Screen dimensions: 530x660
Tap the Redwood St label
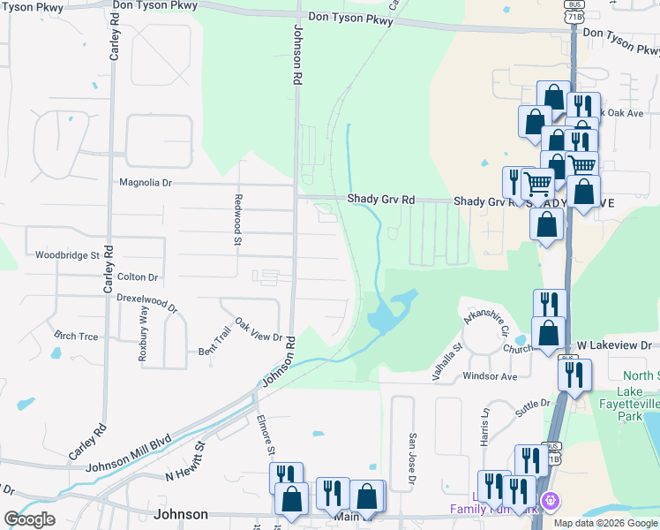tap(238, 215)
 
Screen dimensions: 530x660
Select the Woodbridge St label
tap(67, 255)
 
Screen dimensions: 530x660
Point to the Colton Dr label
tap(137, 276)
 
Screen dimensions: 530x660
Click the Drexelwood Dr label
tap(147, 303)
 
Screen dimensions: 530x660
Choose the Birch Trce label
tap(76, 336)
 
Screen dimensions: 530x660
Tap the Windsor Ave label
tap(490, 376)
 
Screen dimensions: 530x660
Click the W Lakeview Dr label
tap(614, 346)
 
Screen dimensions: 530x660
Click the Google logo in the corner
tap(30, 519)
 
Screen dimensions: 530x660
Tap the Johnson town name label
tap(181, 514)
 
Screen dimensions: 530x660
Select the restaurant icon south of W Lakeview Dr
tap(574, 375)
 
